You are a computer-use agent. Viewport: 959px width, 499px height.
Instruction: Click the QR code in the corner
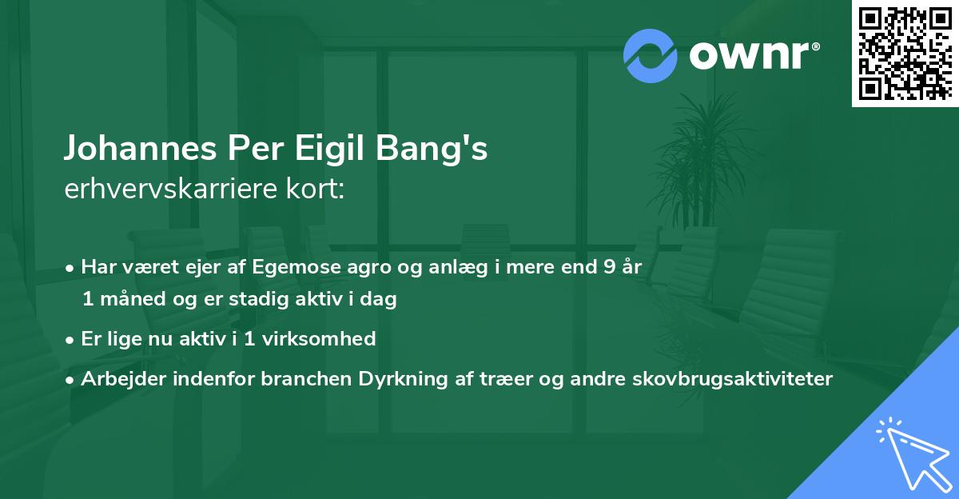click(905, 53)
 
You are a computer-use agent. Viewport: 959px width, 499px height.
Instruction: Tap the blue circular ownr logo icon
click(651, 56)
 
